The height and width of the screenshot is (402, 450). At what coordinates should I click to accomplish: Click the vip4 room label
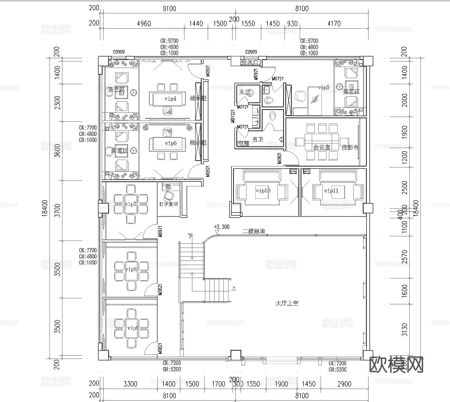pos(171,99)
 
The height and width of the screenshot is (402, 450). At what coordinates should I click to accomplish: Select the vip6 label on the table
pos(171,143)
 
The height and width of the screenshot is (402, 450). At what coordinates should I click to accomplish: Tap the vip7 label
pos(131,204)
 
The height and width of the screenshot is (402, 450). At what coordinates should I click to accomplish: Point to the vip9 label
pos(132,328)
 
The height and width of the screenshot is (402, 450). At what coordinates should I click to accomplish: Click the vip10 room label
pos(263,191)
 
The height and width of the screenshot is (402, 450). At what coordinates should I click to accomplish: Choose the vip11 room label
pos(331,191)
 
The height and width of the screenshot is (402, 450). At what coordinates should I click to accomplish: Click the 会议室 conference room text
pos(321,147)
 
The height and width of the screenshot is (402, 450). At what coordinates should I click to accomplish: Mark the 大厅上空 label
pos(287,303)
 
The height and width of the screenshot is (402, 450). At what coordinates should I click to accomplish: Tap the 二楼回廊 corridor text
pos(253,231)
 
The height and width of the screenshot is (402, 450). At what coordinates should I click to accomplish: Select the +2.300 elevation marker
pos(222,227)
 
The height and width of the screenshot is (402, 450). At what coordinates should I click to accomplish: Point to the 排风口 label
pos(251,62)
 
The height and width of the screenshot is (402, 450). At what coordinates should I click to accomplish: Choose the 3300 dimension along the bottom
pos(130,384)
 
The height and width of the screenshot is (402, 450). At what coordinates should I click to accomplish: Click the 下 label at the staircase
pos(190,236)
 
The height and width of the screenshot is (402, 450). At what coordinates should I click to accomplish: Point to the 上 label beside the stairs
pos(234,289)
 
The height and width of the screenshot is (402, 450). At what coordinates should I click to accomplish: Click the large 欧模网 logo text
pos(397,365)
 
